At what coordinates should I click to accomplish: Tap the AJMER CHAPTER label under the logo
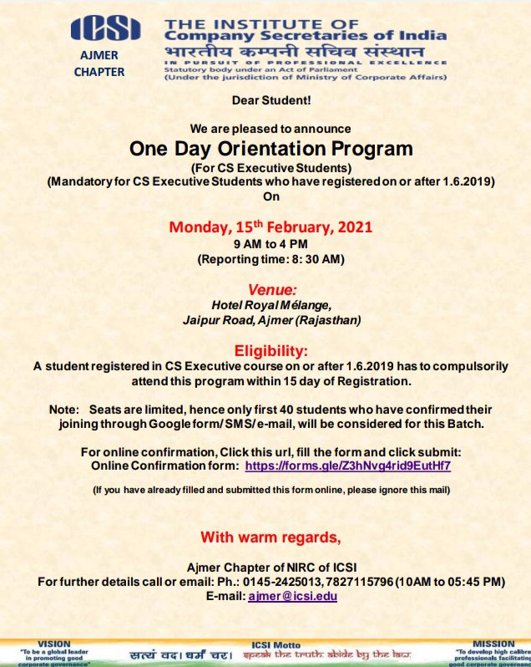tap(99, 64)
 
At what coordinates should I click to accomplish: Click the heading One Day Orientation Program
tap(271, 149)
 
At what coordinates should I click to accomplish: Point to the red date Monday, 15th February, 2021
tap(271, 227)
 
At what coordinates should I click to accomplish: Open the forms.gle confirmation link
tap(348, 465)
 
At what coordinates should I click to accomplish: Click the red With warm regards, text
tap(271, 536)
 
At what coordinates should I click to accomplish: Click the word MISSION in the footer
tap(493, 644)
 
